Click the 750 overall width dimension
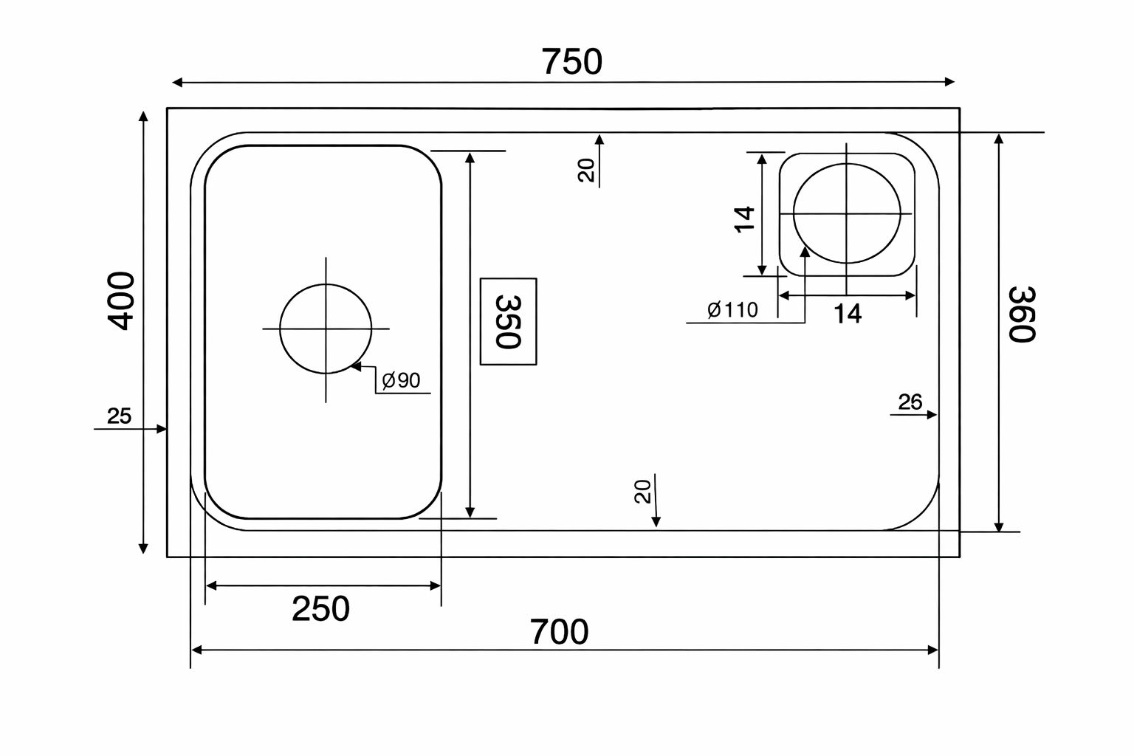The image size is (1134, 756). tap(572, 62)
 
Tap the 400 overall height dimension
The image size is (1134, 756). tap(122, 301)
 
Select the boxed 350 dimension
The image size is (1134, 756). tap(508, 322)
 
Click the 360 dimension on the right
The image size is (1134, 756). tap(1022, 315)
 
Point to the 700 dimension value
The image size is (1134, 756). tap(559, 632)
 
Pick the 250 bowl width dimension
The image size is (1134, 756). tap(320, 608)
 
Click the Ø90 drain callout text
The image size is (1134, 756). tap(401, 380)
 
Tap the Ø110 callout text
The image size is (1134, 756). tap(732, 310)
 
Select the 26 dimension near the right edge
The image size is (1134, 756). tap(910, 402)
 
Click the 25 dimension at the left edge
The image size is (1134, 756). tap(119, 416)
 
